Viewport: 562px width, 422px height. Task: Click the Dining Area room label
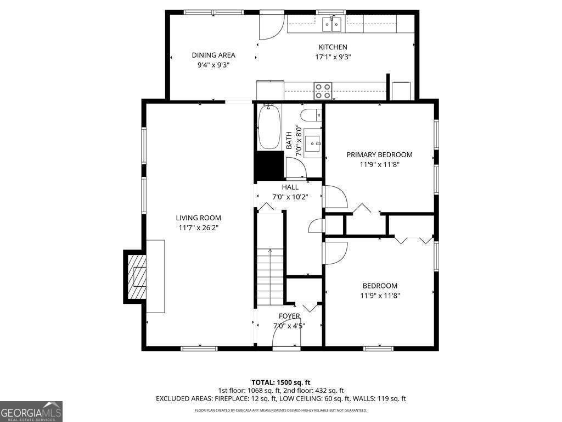[213, 55]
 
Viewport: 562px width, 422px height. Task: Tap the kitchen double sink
[331, 24]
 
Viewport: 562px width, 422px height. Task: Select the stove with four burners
[323, 91]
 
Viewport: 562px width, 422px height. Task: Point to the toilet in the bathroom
[311, 115]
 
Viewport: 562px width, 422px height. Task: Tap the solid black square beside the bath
[269, 165]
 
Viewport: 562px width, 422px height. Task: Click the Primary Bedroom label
[379, 155]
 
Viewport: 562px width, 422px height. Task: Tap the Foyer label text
[289, 316]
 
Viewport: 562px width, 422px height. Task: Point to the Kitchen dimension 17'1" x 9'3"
[333, 57]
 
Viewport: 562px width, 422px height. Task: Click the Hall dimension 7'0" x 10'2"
[290, 196]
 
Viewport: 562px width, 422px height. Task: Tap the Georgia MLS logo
[31, 412]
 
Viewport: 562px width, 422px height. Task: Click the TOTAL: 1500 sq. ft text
[281, 382]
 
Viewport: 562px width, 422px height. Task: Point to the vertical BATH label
[289, 140]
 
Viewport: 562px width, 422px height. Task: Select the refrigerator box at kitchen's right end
[401, 91]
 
